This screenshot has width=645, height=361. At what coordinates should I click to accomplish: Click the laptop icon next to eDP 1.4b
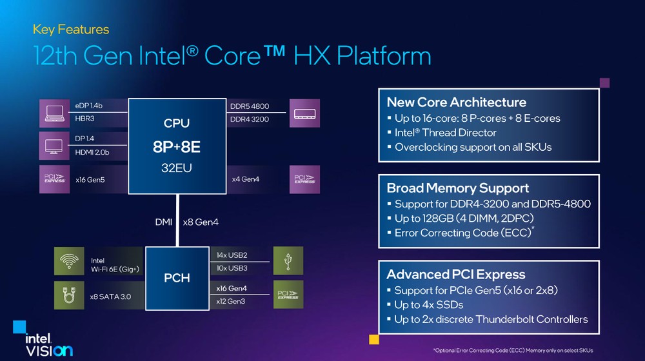(x=54, y=113)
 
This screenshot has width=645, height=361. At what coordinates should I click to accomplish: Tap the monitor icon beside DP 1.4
(x=54, y=146)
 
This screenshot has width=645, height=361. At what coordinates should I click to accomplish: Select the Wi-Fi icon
(x=69, y=261)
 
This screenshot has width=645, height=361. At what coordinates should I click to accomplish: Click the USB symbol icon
(x=288, y=260)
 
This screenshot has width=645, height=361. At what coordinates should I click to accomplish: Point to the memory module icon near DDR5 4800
(x=305, y=113)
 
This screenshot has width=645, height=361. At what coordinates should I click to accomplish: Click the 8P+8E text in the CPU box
(x=177, y=147)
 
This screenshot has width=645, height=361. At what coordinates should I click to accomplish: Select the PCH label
(x=177, y=278)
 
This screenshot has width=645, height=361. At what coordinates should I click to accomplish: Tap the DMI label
(x=163, y=222)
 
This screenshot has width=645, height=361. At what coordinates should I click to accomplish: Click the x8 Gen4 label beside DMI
(x=201, y=222)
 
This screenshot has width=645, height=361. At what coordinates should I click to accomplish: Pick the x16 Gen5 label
(x=90, y=180)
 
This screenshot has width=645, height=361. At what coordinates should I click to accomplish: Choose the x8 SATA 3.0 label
(x=110, y=297)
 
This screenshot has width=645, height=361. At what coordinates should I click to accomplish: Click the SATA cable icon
(x=69, y=295)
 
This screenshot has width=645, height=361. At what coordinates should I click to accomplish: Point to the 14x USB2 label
(x=232, y=255)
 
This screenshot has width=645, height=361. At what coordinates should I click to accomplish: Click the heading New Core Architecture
(x=456, y=102)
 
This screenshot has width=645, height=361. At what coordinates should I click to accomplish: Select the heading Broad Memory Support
(x=457, y=188)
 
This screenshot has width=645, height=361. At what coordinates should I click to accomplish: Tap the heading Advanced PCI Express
(x=456, y=274)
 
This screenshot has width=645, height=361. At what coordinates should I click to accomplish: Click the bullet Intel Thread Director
(x=446, y=133)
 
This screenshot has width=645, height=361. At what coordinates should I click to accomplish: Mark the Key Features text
(x=71, y=30)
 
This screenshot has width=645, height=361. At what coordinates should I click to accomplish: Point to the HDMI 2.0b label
(x=92, y=152)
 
